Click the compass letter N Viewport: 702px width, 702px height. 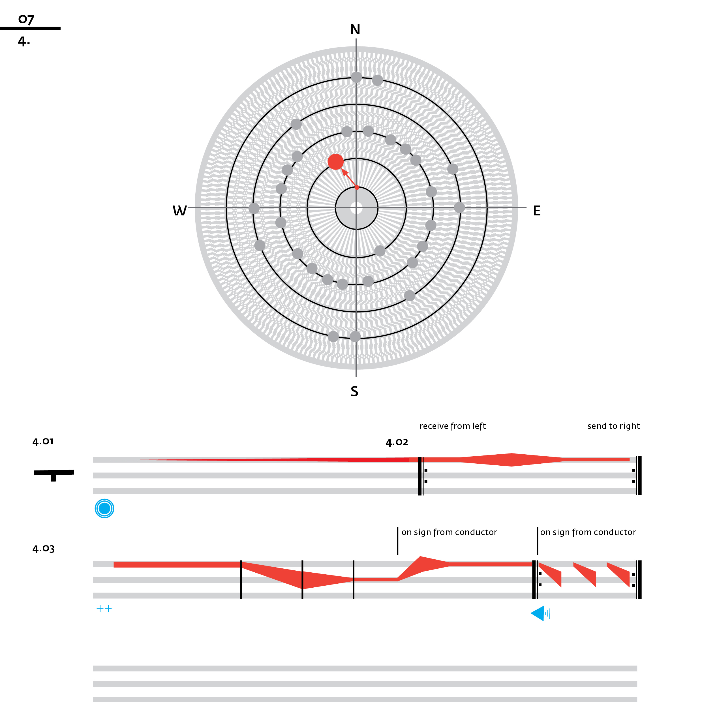tap(355, 29)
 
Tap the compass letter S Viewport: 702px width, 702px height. tap(354, 391)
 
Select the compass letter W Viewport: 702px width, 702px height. tap(179, 211)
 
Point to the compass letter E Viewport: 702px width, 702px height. tap(537, 211)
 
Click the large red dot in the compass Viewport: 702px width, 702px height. tap(335, 162)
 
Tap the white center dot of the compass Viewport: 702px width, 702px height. tap(356, 208)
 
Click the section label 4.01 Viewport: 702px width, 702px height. tap(43, 442)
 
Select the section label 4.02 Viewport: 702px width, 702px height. tap(397, 442)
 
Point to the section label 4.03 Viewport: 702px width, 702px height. tap(44, 549)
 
